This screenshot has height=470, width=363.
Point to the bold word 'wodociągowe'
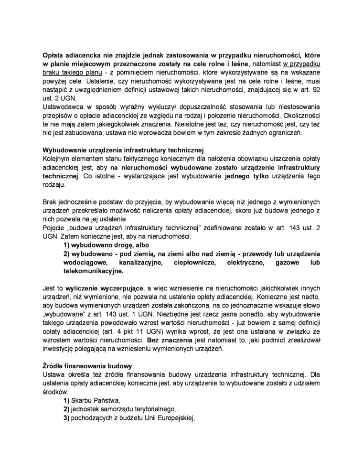(84, 262)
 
